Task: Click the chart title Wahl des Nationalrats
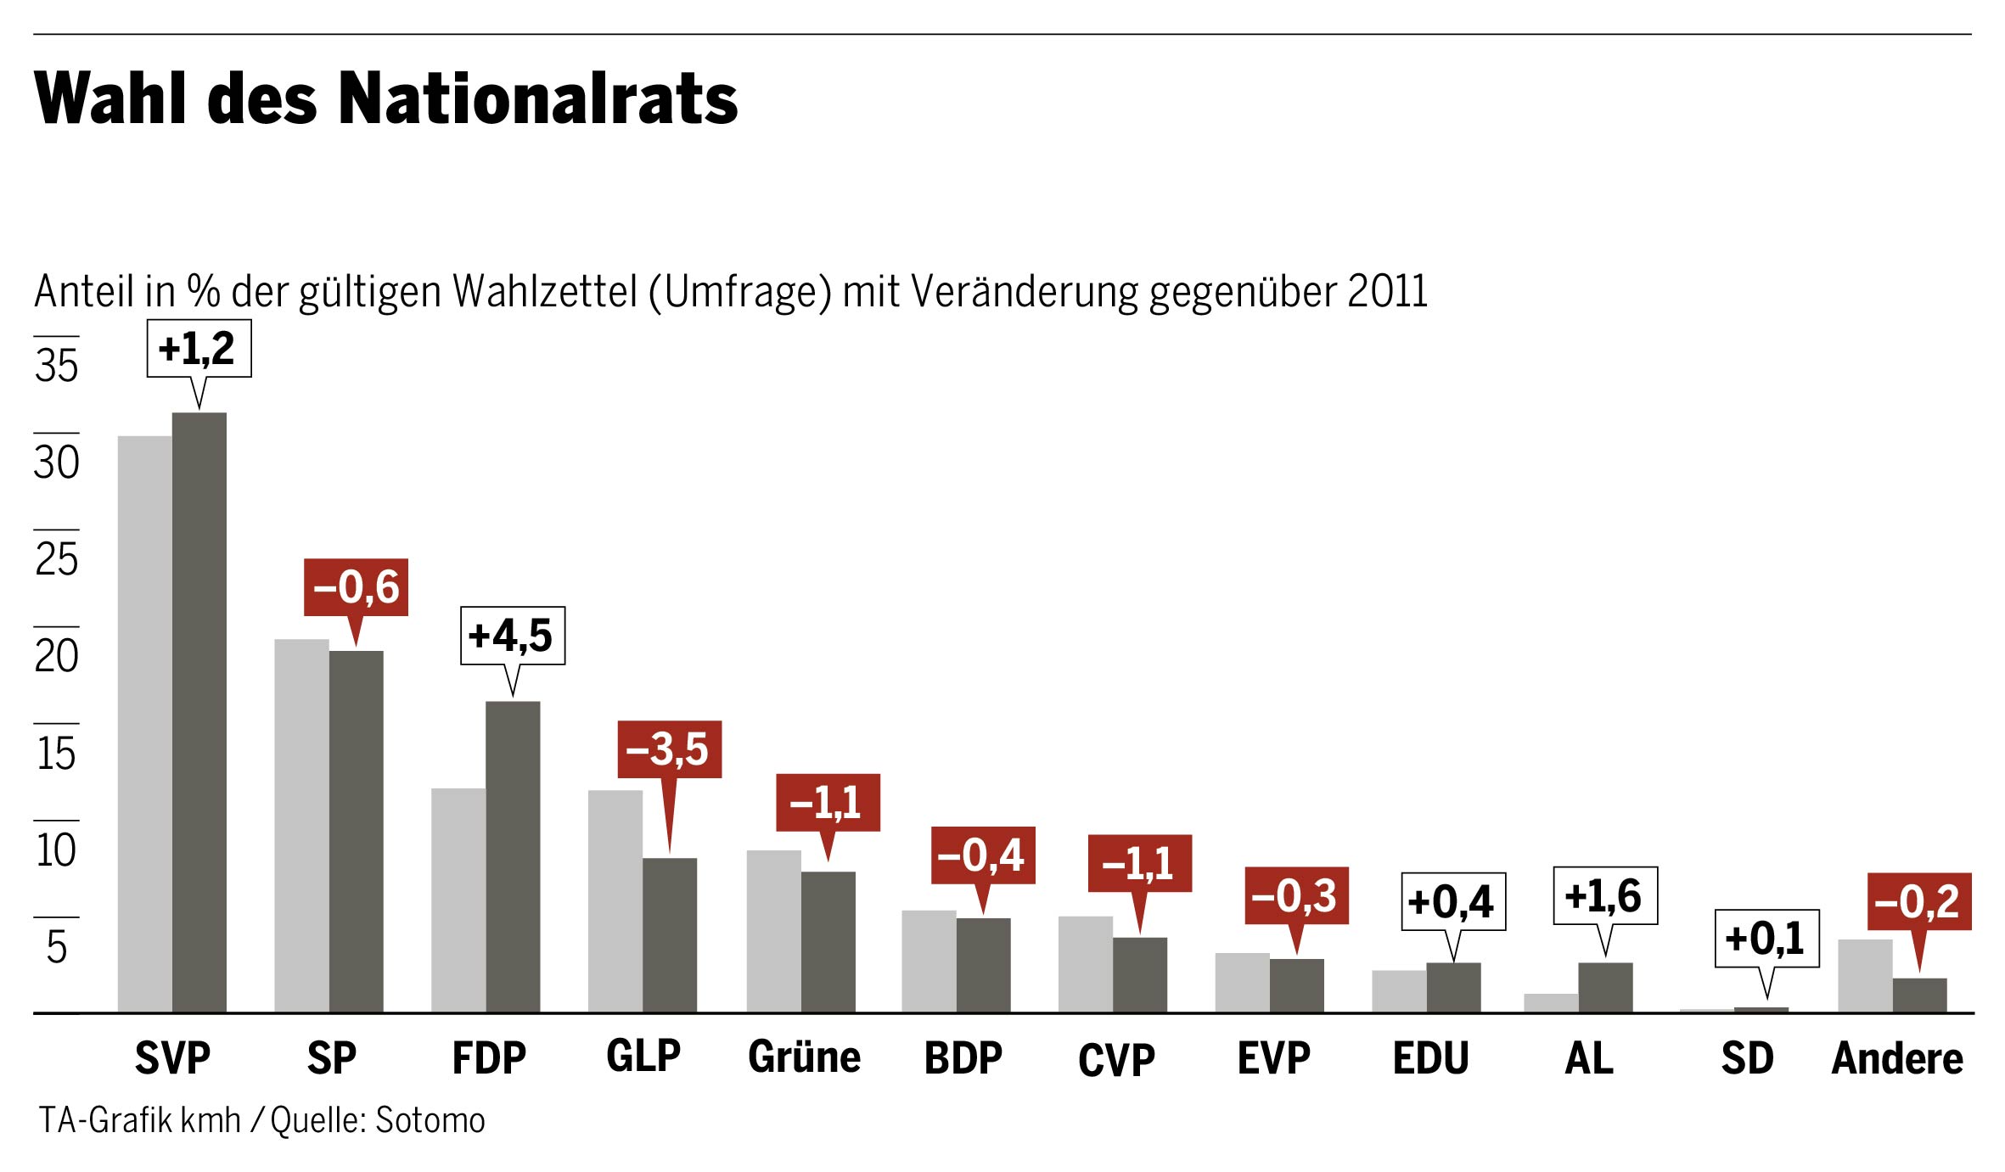pyautogui.click(x=386, y=98)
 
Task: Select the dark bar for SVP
pyautogui.click(x=199, y=713)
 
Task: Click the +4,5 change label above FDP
pyautogui.click(x=512, y=636)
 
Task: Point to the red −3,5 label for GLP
pyautogui.click(x=669, y=749)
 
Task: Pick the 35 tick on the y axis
pyautogui.click(x=57, y=365)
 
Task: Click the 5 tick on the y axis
pyautogui.click(x=57, y=946)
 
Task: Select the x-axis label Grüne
pyautogui.click(x=804, y=1057)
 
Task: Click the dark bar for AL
pyautogui.click(x=1605, y=987)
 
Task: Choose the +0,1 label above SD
pyautogui.click(x=1766, y=938)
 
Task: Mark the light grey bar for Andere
pyautogui.click(x=1865, y=976)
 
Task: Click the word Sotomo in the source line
pyautogui.click(x=430, y=1120)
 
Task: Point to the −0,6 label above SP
pyautogui.click(x=356, y=587)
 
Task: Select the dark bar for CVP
pyautogui.click(x=1140, y=974)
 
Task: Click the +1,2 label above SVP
pyautogui.click(x=199, y=348)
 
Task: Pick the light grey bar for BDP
pyautogui.click(x=929, y=962)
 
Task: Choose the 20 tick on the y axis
pyautogui.click(x=57, y=656)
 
